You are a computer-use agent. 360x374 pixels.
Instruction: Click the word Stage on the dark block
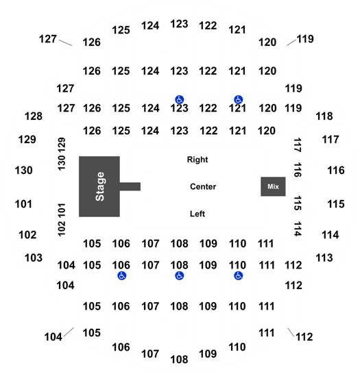click(x=100, y=186)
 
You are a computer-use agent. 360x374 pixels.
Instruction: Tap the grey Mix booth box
click(x=273, y=186)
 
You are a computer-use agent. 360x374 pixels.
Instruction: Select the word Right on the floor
click(x=197, y=160)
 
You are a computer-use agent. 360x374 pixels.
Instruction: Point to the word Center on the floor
click(x=203, y=186)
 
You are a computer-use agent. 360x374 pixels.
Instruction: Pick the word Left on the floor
click(x=197, y=214)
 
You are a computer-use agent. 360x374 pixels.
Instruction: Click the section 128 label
click(x=34, y=116)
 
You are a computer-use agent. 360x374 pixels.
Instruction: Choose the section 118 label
click(x=324, y=116)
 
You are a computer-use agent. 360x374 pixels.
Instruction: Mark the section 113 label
click(x=324, y=258)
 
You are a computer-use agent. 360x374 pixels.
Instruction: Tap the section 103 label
click(x=34, y=258)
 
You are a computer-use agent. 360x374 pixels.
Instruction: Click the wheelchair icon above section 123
click(x=179, y=99)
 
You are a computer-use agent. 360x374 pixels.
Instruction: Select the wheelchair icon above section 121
click(x=238, y=99)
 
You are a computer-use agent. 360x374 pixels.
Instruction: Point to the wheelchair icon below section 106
click(x=122, y=276)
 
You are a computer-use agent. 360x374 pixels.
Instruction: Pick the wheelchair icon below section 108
click(x=179, y=276)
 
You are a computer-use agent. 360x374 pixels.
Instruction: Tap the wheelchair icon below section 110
click(x=238, y=276)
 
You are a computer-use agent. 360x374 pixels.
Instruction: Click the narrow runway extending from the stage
click(x=130, y=186)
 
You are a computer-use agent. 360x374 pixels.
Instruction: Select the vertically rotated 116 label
click(x=298, y=170)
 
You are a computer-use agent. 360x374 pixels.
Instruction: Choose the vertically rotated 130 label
click(x=62, y=163)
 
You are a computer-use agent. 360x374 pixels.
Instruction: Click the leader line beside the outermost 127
click(x=65, y=42)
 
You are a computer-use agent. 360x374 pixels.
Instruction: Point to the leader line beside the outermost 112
click(x=291, y=332)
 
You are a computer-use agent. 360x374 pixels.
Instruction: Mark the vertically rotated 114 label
click(x=298, y=229)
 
